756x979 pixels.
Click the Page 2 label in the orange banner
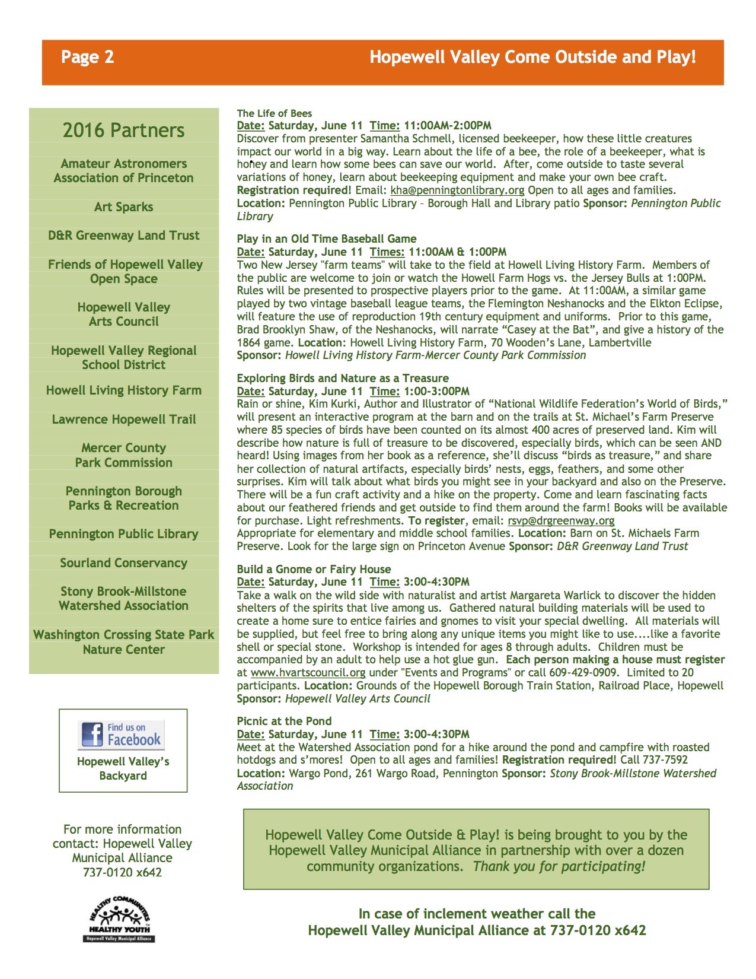[x=87, y=57]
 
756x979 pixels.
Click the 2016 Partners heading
[x=123, y=130]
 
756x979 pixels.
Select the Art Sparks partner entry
[x=123, y=207]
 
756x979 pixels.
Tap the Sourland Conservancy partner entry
[x=123, y=563]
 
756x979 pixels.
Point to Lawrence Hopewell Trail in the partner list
[x=123, y=419]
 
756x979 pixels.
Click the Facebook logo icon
[x=92, y=735]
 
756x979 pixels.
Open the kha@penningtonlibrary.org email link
[x=457, y=190]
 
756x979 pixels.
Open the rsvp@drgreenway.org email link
[x=561, y=521]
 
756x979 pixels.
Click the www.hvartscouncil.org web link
[x=308, y=673]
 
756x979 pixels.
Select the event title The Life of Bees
[x=274, y=113]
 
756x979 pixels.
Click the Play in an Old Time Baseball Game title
[x=326, y=239]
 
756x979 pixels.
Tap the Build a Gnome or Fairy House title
[x=314, y=570]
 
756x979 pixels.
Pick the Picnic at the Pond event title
[x=284, y=721]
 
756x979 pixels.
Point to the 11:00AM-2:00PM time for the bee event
[x=448, y=126]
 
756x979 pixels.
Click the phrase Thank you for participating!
[x=559, y=866]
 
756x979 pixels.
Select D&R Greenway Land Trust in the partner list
[x=123, y=236]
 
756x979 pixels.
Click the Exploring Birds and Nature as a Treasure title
[x=343, y=379]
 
